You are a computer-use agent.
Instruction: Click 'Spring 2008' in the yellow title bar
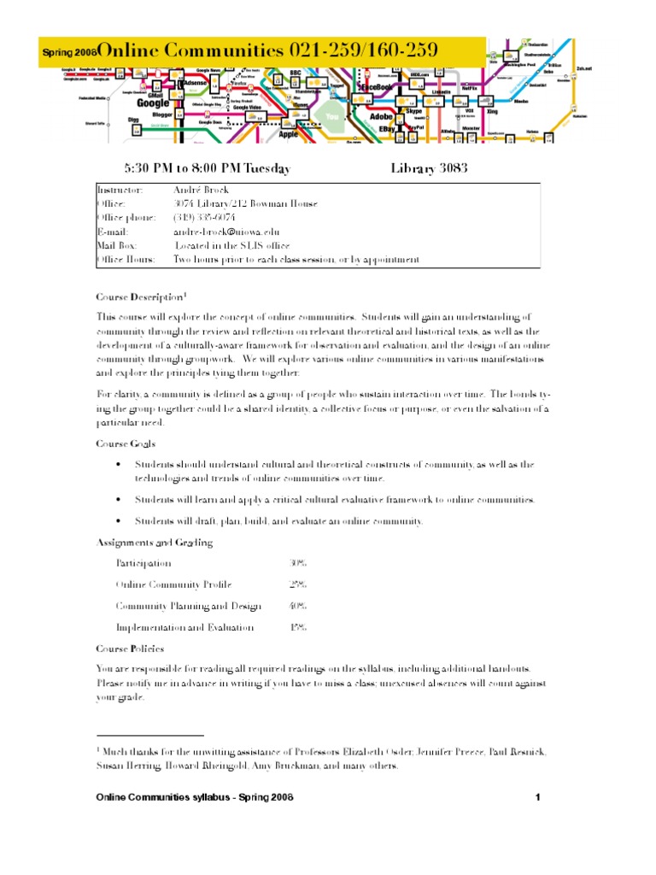coord(68,53)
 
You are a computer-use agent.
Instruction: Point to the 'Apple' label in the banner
coord(289,133)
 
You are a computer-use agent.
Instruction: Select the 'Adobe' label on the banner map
coord(382,115)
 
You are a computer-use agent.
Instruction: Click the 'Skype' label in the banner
coord(414,111)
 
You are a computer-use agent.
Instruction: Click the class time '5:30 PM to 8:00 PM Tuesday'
coord(208,168)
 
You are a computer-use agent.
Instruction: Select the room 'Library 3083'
coord(429,168)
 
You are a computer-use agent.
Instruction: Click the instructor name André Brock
coord(202,190)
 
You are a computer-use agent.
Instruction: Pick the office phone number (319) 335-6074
coord(204,217)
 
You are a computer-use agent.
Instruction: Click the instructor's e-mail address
coord(225,231)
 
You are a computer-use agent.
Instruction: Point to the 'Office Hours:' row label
coord(126,259)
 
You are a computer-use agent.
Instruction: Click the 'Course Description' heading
coord(138,297)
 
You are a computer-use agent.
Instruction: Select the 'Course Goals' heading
coord(126,443)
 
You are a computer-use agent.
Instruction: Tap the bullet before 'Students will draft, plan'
coord(118,520)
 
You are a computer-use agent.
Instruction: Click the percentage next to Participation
coord(298,563)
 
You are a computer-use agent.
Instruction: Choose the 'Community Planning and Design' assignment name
coord(188,606)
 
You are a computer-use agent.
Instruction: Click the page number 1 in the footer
coord(538,797)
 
